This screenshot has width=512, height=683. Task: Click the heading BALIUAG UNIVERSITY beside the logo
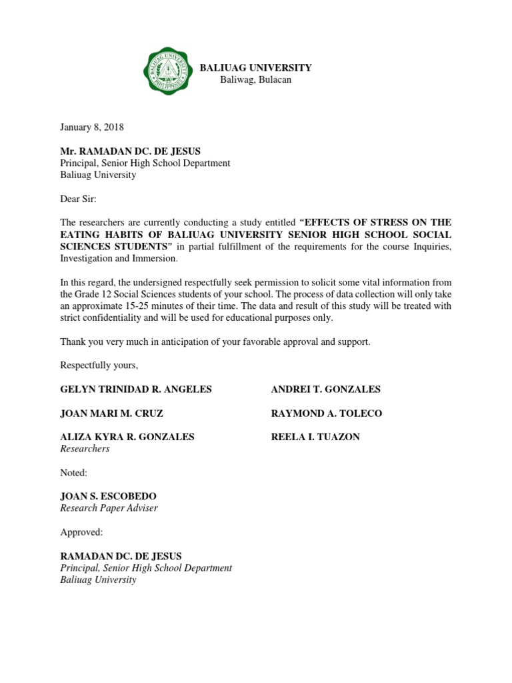(256, 67)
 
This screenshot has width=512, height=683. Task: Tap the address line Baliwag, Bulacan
(256, 80)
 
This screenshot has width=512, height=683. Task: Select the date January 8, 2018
(92, 127)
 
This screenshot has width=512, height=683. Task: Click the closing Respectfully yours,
(99, 365)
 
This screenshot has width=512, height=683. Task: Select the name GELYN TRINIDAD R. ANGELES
(136, 389)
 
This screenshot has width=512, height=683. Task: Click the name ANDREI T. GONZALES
(325, 389)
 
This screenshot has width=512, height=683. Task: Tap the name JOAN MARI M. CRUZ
(112, 413)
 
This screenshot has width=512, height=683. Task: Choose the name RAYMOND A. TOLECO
(326, 413)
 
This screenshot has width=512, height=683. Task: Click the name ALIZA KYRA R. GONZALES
(127, 437)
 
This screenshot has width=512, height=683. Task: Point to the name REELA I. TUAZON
(315, 437)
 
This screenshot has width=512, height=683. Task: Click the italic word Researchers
(85, 449)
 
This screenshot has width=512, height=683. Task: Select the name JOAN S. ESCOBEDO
(109, 496)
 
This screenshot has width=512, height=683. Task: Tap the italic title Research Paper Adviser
(109, 508)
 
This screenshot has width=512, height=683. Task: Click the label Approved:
(82, 532)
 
